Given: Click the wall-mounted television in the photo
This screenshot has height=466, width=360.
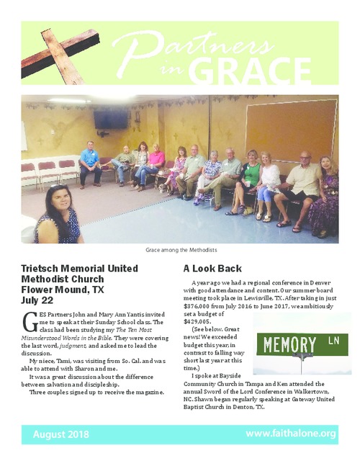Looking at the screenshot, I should [x=111, y=119].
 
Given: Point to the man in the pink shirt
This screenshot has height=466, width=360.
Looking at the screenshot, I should [x=156, y=164].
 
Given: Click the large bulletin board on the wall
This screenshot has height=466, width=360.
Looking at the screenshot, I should [x=290, y=130].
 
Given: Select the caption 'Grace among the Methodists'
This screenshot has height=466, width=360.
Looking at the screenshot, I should [x=179, y=249].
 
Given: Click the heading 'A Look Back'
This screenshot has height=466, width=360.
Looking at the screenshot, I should [x=207, y=268].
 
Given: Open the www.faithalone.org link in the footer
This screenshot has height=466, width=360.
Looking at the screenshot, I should [x=291, y=434].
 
